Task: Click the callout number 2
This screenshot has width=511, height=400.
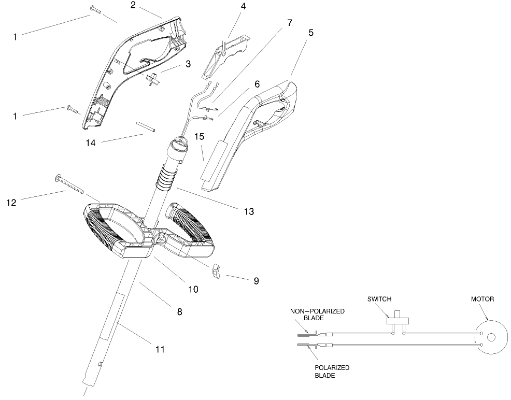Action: click(133, 6)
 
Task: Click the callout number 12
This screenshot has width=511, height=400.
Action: click(11, 203)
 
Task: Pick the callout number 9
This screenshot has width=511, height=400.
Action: click(256, 281)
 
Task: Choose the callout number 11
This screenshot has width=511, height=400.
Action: click(160, 350)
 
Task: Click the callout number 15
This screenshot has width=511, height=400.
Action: click(200, 137)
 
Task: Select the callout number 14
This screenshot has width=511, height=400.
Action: click(91, 143)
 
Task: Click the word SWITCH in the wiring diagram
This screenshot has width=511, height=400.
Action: click(379, 299)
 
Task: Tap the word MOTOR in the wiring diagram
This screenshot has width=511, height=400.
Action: click(482, 299)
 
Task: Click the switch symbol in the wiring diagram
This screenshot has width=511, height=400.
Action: click(397, 320)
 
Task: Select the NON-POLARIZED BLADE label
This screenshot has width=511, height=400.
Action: click(317, 315)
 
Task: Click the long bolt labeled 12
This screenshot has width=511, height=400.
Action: click(69, 184)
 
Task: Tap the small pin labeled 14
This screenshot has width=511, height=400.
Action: click(146, 126)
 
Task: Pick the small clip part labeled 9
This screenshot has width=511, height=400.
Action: click(217, 271)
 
